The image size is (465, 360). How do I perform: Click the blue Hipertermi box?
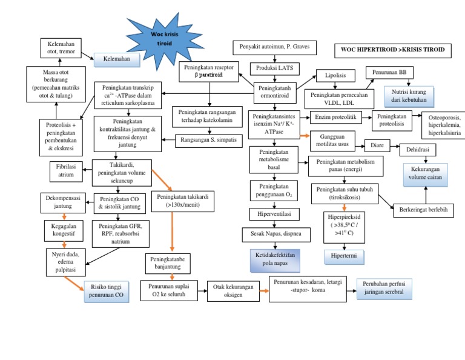pos(344,256)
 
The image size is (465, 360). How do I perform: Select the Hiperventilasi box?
pos(275,214)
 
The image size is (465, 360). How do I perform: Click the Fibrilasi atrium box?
pos(66,170)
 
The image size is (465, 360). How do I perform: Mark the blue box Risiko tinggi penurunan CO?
pos(107,292)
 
